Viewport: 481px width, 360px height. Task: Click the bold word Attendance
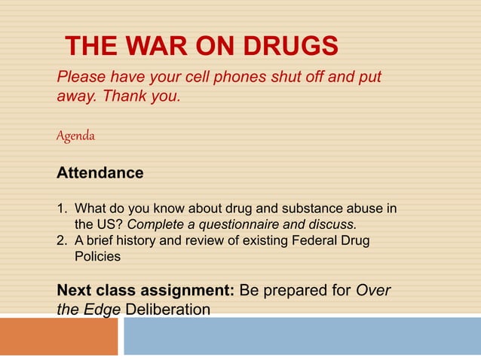click(100, 172)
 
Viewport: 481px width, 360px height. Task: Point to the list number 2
click(61, 241)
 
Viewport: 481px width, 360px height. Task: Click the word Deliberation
click(168, 310)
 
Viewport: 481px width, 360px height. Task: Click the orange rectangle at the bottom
click(58, 336)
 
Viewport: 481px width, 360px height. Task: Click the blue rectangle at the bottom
click(302, 336)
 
